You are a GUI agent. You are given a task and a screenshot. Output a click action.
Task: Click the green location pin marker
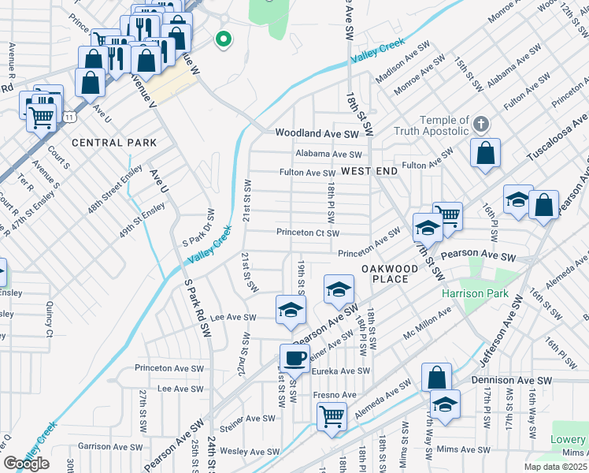click(224, 39)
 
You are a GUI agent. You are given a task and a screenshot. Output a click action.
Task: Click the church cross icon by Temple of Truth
click(482, 124)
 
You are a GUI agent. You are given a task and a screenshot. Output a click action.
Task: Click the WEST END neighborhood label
click(369, 171)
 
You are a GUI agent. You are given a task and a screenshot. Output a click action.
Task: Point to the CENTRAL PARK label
click(113, 143)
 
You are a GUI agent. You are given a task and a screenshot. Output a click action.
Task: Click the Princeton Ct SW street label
click(307, 233)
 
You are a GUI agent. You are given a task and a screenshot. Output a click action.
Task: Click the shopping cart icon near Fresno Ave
click(332, 416)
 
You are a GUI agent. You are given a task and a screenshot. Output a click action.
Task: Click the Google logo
click(26, 464)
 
